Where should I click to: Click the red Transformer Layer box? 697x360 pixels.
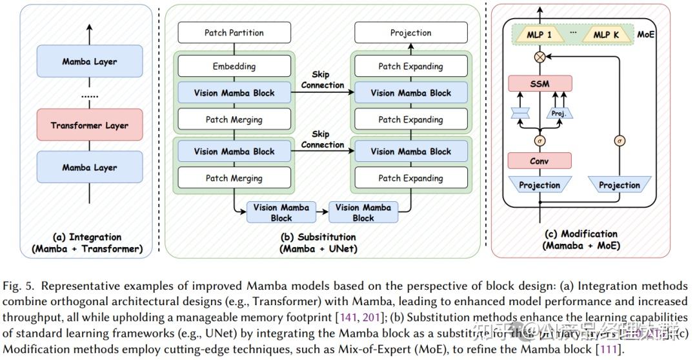pyautogui.click(x=90, y=125)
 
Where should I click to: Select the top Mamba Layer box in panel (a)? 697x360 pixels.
pyautogui.click(x=90, y=62)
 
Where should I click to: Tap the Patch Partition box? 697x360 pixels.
pyautogui.click(x=234, y=32)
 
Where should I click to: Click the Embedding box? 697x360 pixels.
pyautogui.click(x=234, y=66)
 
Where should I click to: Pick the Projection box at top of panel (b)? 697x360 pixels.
pyautogui.click(x=410, y=32)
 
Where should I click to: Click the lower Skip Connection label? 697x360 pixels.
pyautogui.click(x=322, y=140)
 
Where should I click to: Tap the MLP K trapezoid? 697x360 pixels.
pyautogui.click(x=605, y=35)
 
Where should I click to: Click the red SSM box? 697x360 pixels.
pyautogui.click(x=540, y=83)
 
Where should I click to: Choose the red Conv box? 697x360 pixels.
pyautogui.click(x=540, y=160)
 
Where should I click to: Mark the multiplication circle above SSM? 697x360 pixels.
pyautogui.click(x=540, y=57)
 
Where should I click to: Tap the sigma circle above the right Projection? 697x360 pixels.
pyautogui.click(x=620, y=141)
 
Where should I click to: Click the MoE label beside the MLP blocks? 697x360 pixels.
pyautogui.click(x=645, y=34)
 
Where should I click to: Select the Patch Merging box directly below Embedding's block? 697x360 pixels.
pyautogui.click(x=234, y=119)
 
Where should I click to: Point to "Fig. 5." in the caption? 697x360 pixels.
pyautogui.click(x=17, y=286)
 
